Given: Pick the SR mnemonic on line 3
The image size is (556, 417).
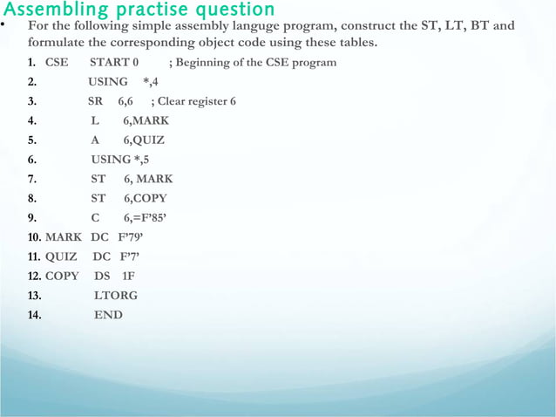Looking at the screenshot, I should pyautogui.click(x=96, y=101).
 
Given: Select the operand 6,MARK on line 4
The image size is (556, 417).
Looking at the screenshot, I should pyautogui.click(x=146, y=120).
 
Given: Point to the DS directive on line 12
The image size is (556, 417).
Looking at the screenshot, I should pyautogui.click(x=102, y=276).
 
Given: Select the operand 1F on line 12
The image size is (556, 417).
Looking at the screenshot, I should pyautogui.click(x=129, y=276).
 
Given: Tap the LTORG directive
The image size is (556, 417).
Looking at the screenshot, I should pyautogui.click(x=116, y=295).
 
